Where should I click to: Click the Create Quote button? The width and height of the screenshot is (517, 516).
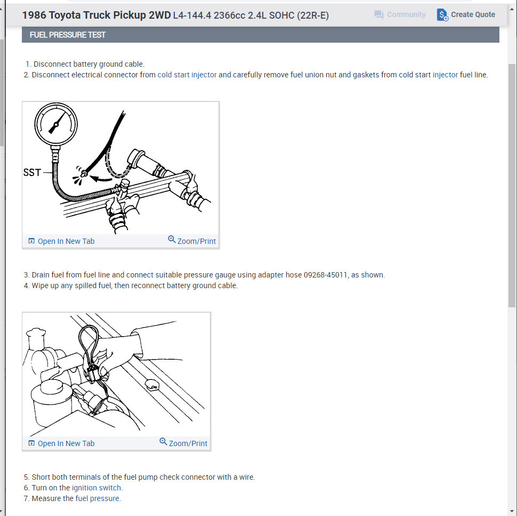(465, 14)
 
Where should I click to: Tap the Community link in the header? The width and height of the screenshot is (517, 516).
(400, 14)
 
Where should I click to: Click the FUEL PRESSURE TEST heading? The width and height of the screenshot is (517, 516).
(68, 35)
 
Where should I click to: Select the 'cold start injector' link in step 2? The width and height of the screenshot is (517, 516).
(187, 75)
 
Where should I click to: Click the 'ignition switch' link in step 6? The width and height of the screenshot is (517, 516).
(97, 488)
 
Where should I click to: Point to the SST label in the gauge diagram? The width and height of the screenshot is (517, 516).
(32, 172)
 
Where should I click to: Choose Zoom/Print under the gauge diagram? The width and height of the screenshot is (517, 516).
(192, 240)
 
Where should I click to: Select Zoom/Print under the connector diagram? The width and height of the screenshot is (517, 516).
(183, 443)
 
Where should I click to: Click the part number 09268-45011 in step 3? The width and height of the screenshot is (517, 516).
(326, 275)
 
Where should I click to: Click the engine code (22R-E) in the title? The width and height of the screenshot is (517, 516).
(313, 15)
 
